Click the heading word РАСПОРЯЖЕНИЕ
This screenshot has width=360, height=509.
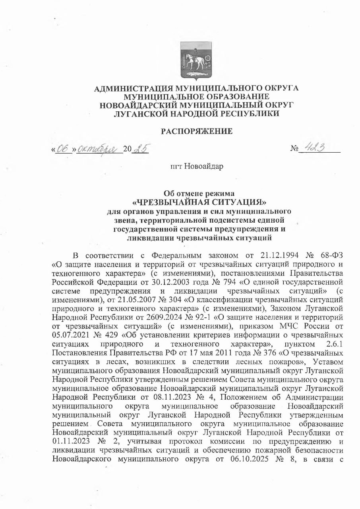[x=196, y=131]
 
